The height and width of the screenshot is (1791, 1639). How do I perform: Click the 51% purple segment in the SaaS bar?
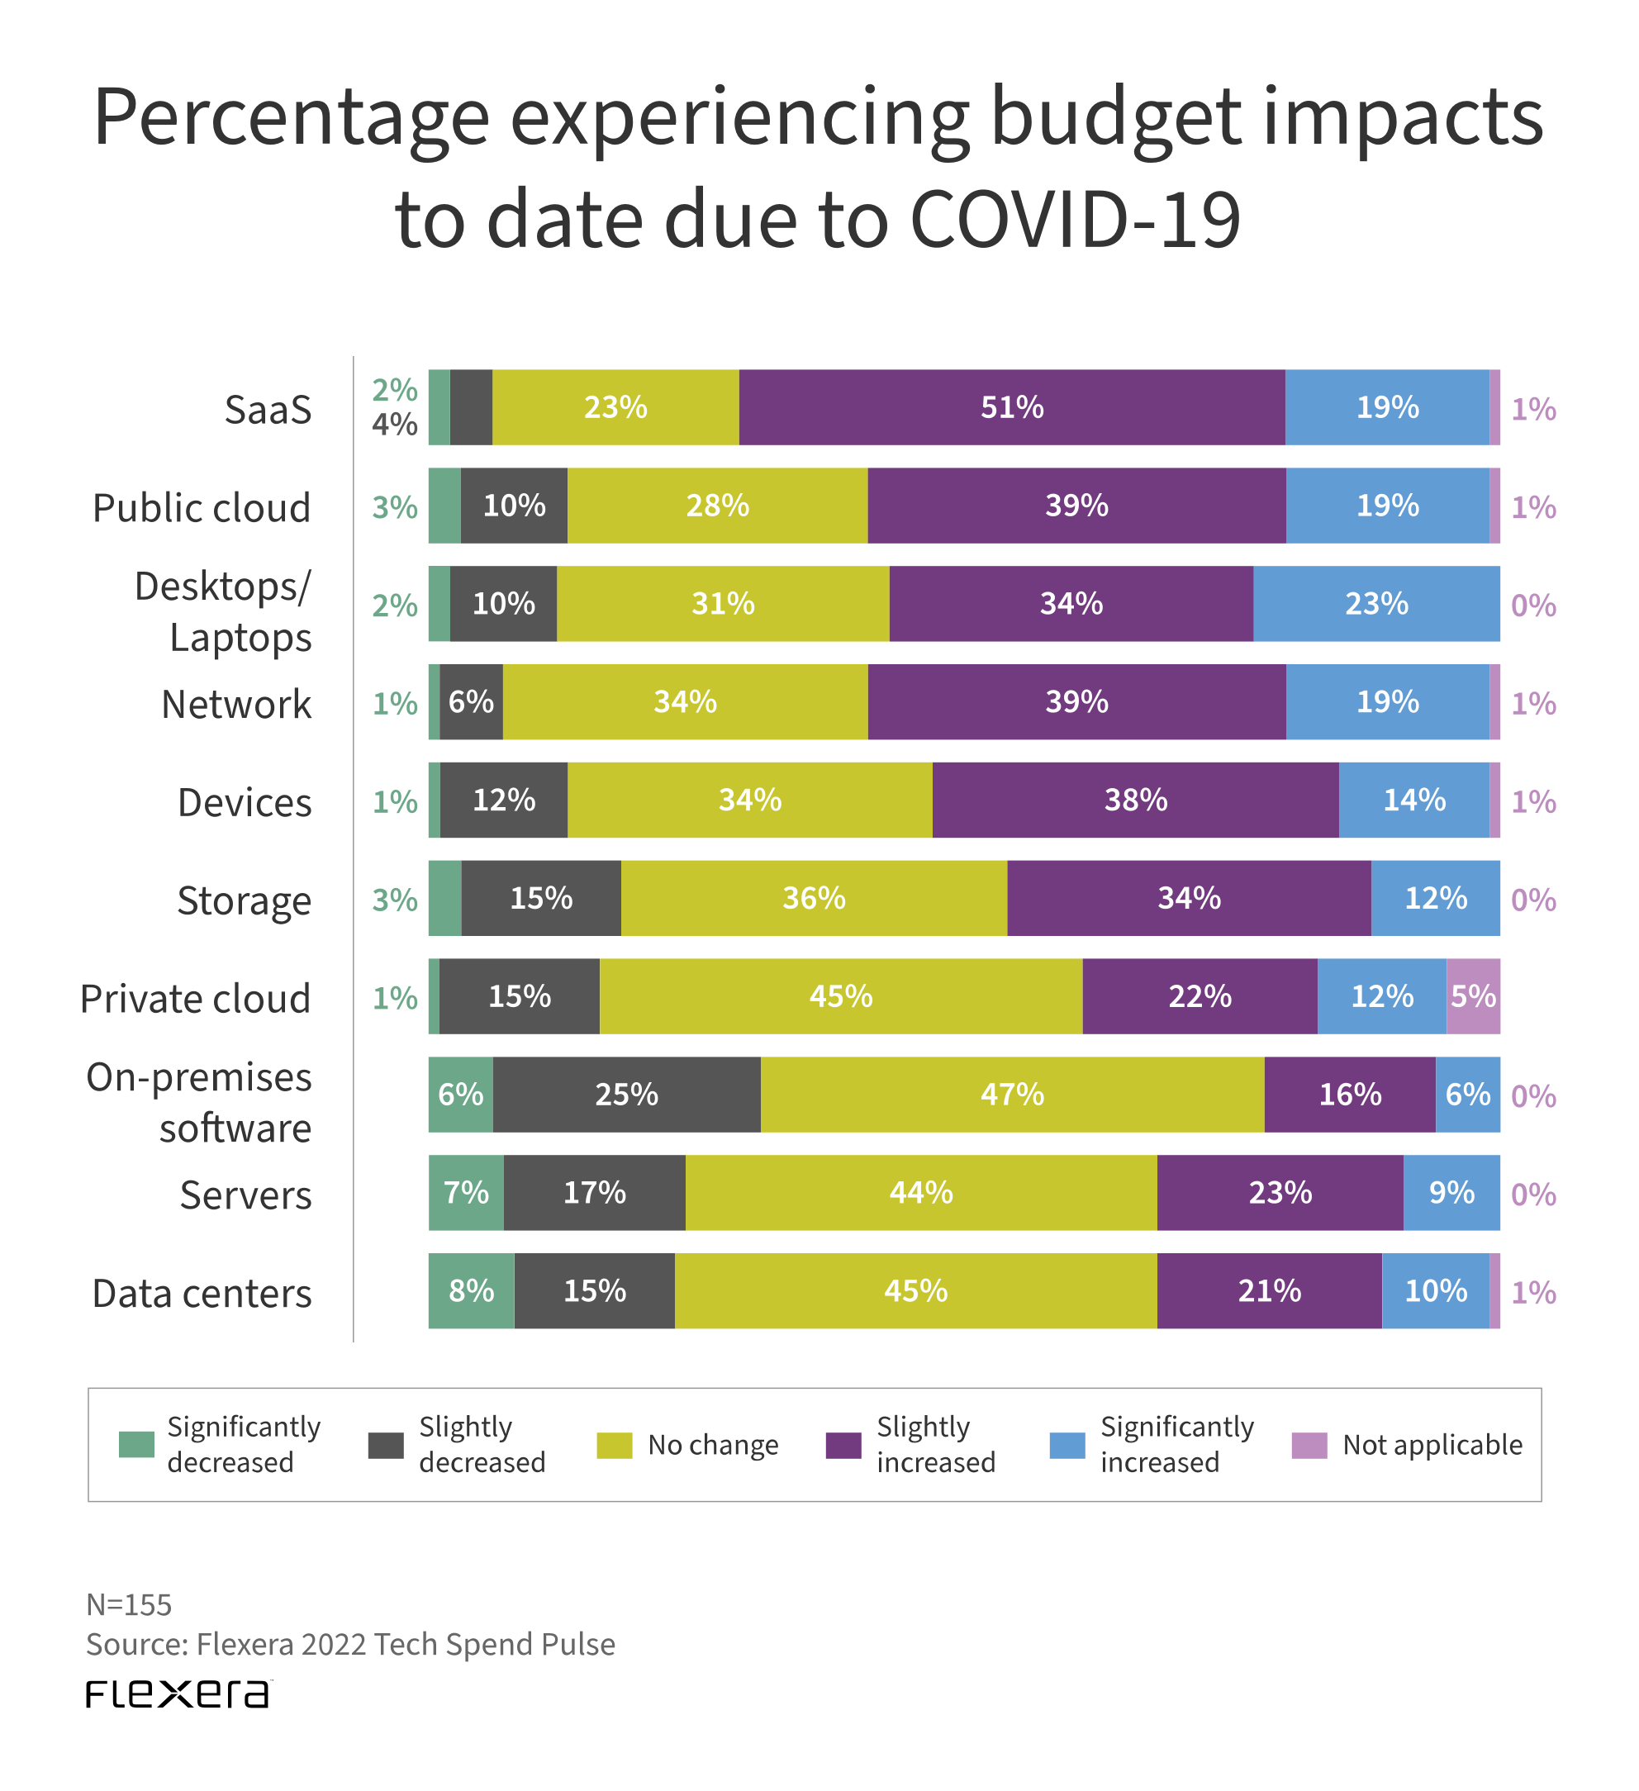1011,408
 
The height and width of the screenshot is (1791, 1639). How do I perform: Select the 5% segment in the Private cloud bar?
1472,996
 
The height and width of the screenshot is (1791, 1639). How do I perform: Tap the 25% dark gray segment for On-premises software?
626,1095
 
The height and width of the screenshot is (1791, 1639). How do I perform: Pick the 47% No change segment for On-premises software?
1012,1095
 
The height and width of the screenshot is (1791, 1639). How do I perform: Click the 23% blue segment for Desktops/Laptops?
1376,604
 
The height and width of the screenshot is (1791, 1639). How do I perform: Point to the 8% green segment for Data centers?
471,1291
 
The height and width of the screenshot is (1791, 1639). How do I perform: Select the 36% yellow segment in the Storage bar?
814,898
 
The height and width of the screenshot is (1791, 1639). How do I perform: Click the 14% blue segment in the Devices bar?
1413,800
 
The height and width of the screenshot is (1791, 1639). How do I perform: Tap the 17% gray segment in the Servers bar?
594,1192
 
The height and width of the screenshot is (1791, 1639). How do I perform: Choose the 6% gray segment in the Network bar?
471,702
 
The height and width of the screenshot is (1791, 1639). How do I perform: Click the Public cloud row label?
202,508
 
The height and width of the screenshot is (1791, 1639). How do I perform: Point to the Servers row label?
245,1195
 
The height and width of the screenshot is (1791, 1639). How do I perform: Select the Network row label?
236,705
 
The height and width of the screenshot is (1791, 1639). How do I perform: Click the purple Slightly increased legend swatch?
843,1446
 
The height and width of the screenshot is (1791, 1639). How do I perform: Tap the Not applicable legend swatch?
1309,1446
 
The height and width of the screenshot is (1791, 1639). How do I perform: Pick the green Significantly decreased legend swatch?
136,1446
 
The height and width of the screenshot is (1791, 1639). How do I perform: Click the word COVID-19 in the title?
1075,220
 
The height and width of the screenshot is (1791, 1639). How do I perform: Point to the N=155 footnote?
129,1604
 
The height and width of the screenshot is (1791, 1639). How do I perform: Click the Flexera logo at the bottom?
178,1694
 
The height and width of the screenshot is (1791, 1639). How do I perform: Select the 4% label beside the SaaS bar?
394,425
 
